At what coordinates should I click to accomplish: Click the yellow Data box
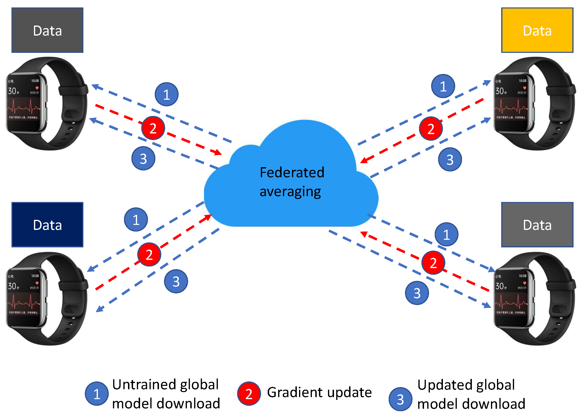[x=537, y=30]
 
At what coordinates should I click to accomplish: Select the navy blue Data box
[x=47, y=225]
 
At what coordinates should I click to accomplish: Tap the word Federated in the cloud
[x=292, y=172]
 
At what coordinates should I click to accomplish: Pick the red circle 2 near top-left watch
[x=153, y=128]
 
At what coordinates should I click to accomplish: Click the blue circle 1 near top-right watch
[x=443, y=86]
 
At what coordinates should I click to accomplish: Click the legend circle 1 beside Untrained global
[x=97, y=394]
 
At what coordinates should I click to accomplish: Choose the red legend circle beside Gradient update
[x=249, y=394]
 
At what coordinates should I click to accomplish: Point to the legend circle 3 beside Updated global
[x=400, y=399]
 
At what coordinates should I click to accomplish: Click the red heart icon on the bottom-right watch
[x=525, y=283]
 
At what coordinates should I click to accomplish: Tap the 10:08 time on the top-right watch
[x=523, y=81]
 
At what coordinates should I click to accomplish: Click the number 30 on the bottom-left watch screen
[x=12, y=286]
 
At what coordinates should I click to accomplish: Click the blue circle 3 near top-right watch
[x=450, y=159]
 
